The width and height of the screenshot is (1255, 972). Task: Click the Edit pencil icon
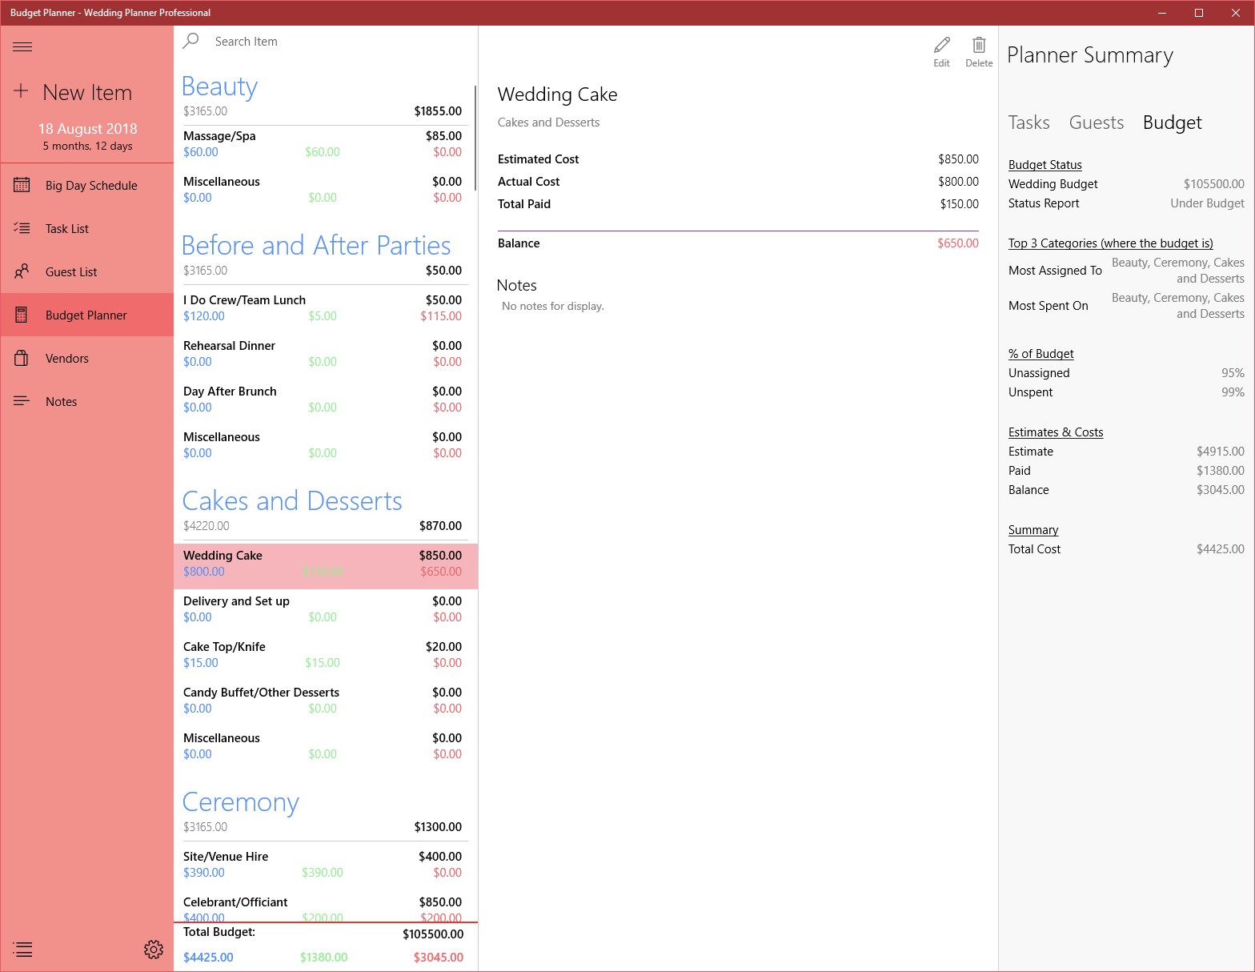coord(942,45)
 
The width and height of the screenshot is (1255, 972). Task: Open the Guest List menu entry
coord(71,272)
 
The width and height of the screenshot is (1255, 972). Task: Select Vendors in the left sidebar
coord(67,359)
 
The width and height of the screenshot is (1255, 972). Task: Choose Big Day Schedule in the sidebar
coord(91,186)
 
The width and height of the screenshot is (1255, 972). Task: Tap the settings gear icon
coord(154,950)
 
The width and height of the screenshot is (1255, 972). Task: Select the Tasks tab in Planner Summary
coord(1028,123)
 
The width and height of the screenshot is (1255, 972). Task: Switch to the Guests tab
coord(1096,123)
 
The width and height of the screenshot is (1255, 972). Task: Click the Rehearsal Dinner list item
coord(230,346)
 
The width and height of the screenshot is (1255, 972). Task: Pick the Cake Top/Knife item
coord(225,647)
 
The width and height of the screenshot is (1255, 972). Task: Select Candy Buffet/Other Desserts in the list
coord(262,693)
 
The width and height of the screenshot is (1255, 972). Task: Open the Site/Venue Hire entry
coord(226,857)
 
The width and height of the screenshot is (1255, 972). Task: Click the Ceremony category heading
coord(241,802)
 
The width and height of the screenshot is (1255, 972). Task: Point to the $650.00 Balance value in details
coord(957,243)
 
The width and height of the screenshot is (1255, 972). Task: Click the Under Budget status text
coord(1207,203)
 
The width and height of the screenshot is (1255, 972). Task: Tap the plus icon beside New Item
coord(21,91)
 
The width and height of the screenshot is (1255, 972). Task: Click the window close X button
coord(1235,13)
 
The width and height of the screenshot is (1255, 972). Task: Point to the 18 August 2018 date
coord(88,129)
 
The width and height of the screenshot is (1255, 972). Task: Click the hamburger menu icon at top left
coord(22,47)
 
